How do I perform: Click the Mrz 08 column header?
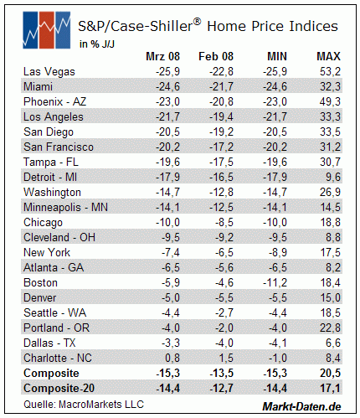point(162,56)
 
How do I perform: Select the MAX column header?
point(328,56)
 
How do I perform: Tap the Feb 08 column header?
point(216,56)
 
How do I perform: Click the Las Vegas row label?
point(49,72)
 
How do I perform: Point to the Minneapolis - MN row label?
point(65,208)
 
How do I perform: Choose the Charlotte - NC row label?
point(58,358)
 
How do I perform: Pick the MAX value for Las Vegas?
point(330,72)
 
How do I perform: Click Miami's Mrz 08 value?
point(167,86)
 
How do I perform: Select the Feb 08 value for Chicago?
point(224,223)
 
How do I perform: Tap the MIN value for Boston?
point(275,283)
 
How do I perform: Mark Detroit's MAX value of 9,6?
point(333,178)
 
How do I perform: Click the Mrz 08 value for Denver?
point(171,298)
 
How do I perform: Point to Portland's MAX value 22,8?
point(330,328)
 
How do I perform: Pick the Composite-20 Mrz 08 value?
point(167,389)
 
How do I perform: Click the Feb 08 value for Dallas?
point(224,343)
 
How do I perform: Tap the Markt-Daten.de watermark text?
point(301,406)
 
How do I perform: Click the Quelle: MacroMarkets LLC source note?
point(84,405)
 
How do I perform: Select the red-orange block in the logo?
point(46,30)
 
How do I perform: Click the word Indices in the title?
point(313,26)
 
